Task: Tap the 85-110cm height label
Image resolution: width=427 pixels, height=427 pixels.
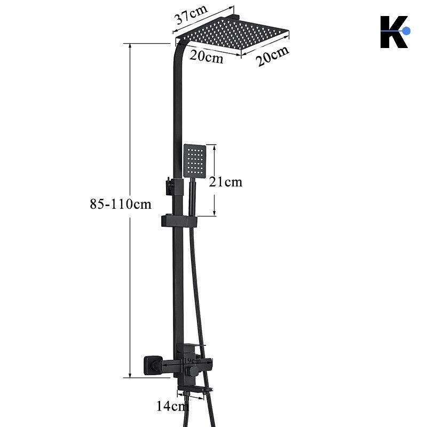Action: (x=121, y=204)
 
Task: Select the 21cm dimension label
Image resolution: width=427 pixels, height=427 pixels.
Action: (x=225, y=182)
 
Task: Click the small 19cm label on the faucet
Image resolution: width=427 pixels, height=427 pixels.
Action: (x=192, y=361)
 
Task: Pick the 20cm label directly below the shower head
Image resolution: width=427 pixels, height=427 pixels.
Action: (x=207, y=57)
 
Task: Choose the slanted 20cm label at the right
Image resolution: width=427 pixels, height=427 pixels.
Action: (x=272, y=57)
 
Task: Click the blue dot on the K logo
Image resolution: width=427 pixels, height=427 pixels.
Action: (x=406, y=31)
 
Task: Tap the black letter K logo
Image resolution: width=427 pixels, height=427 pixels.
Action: (x=393, y=32)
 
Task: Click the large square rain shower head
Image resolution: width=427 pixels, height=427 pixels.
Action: (x=232, y=33)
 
